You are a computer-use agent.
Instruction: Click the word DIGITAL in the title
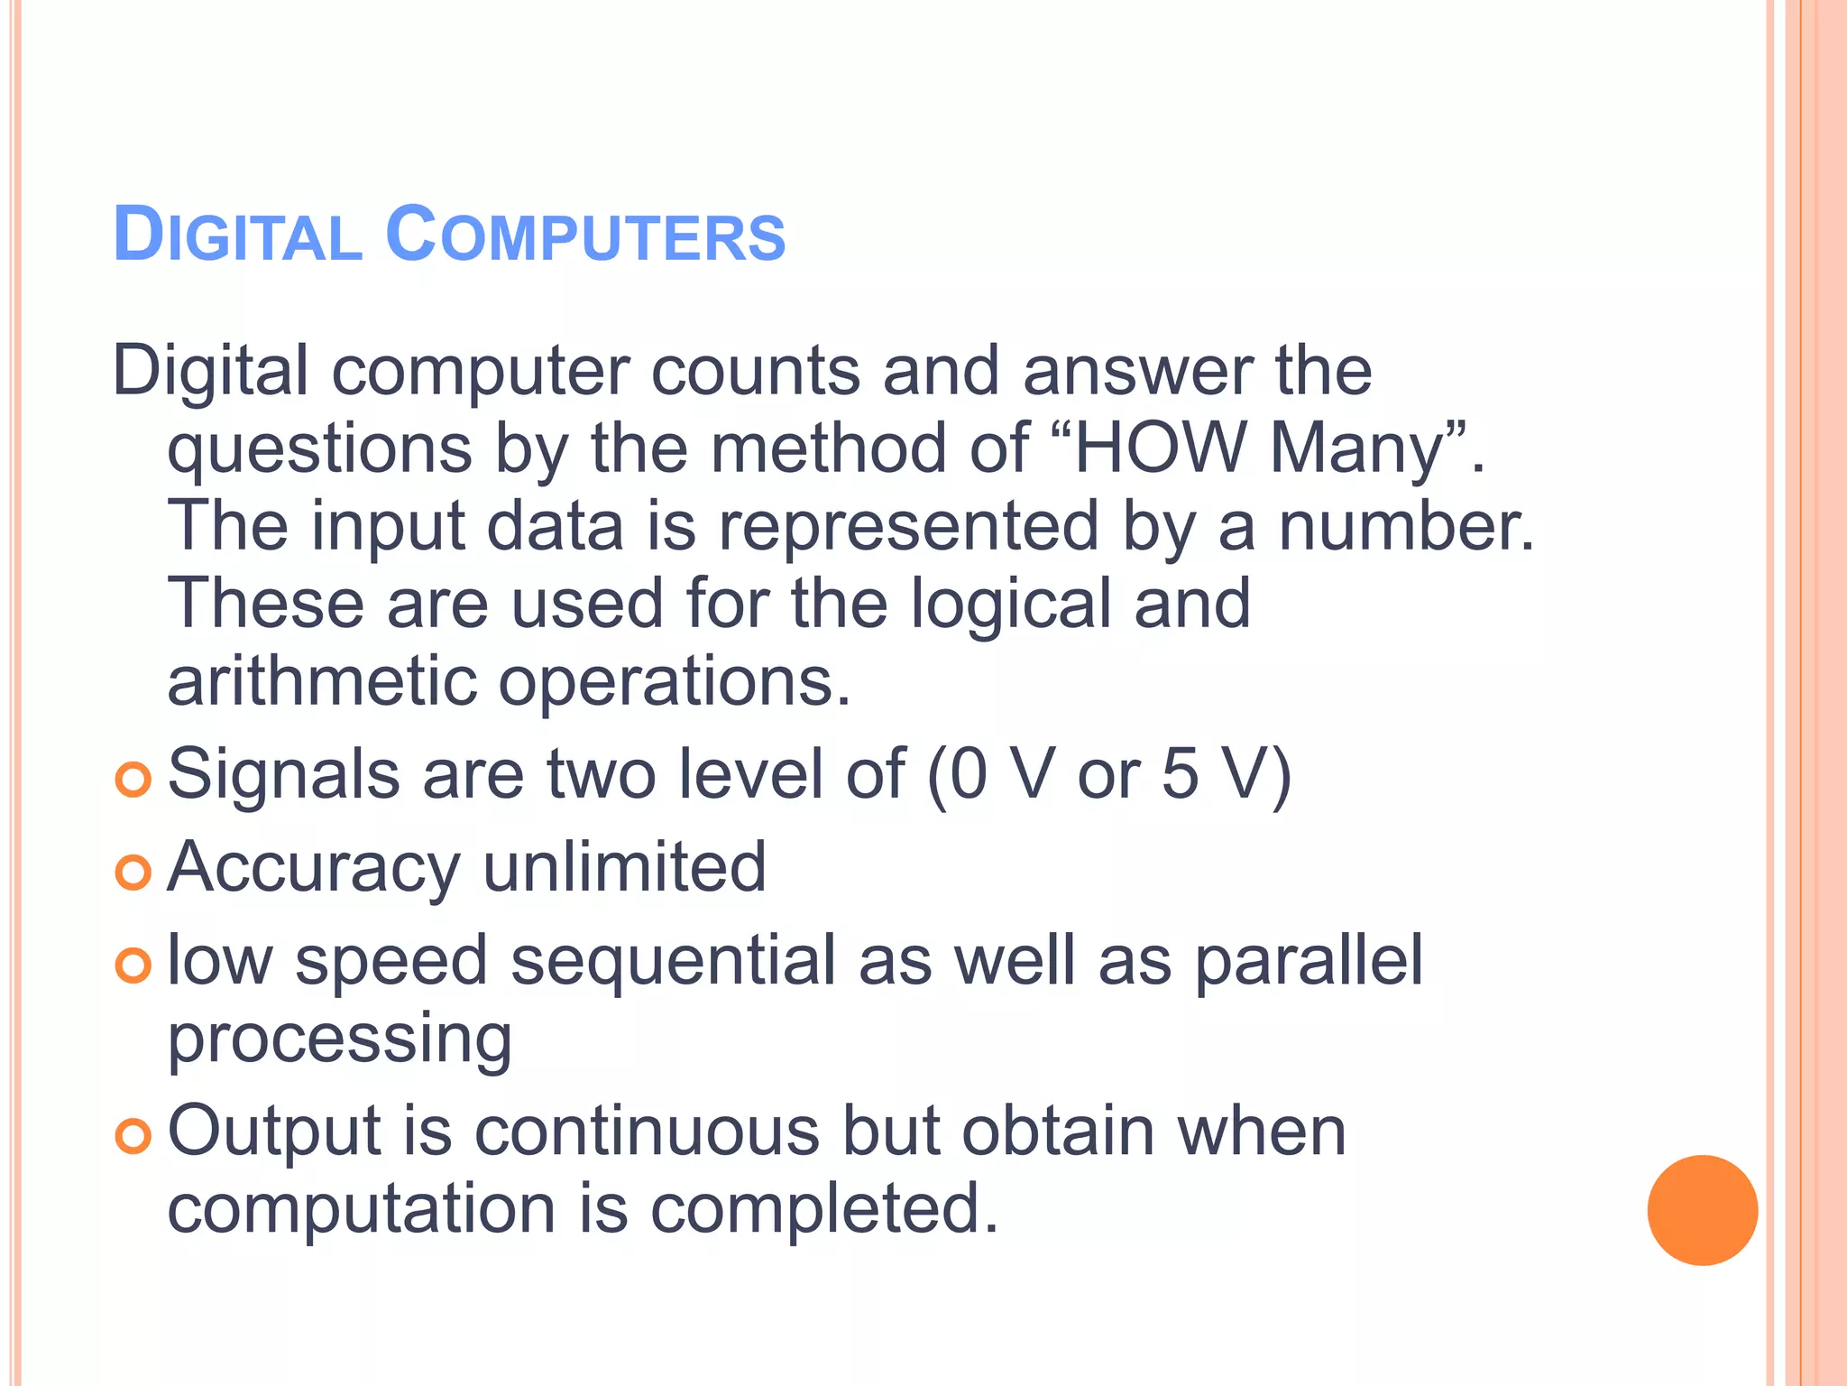[237, 236]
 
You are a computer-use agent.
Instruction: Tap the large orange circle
[1702, 1210]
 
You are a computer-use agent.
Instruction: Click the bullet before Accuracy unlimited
[133, 873]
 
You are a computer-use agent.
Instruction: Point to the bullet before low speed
[133, 966]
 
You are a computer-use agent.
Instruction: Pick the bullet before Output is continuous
[133, 1136]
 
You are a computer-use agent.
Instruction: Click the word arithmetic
[322, 682]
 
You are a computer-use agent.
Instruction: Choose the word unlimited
[624, 867]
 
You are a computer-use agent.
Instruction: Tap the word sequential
[674, 962]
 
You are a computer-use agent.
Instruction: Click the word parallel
[1309, 960]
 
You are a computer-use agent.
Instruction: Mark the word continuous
[647, 1132]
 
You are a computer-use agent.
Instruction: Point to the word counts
[756, 372]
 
